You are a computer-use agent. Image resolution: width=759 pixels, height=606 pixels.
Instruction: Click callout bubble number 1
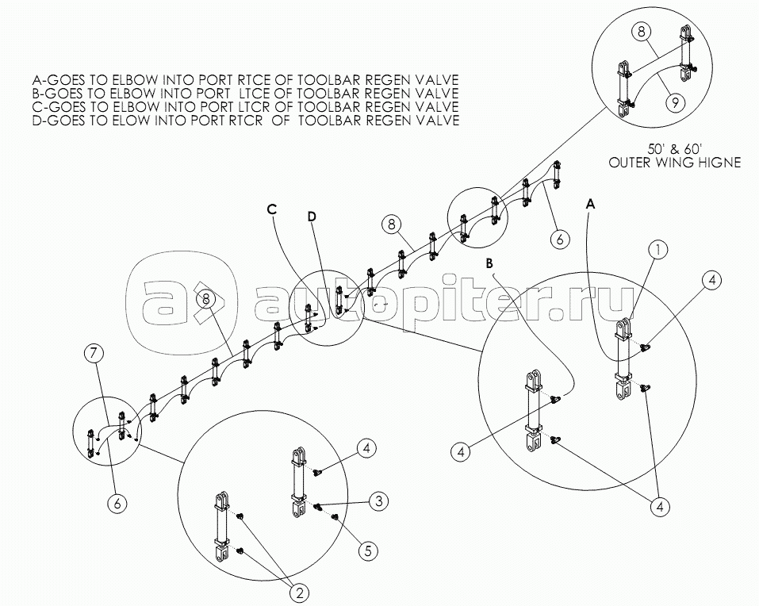657,250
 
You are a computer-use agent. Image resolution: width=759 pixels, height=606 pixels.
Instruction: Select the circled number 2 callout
299,593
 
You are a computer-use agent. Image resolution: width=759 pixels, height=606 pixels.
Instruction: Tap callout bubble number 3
379,501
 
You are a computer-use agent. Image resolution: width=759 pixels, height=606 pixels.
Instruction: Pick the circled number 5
368,550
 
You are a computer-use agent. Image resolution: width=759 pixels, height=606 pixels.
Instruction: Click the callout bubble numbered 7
94,354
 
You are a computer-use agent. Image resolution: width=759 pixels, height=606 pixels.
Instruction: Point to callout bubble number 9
675,102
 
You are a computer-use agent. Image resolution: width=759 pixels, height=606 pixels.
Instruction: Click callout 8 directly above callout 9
642,32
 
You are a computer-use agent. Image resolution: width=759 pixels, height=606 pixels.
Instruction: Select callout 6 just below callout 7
117,504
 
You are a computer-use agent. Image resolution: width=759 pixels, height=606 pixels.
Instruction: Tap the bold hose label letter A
590,205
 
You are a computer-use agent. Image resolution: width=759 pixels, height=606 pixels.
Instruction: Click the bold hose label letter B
489,264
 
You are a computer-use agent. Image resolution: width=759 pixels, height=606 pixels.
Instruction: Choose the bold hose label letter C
271,209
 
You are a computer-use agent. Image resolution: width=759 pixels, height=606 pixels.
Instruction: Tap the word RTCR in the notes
247,120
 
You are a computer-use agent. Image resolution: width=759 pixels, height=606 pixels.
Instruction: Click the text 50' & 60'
674,148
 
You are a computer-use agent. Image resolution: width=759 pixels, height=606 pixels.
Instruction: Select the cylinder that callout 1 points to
622,359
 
